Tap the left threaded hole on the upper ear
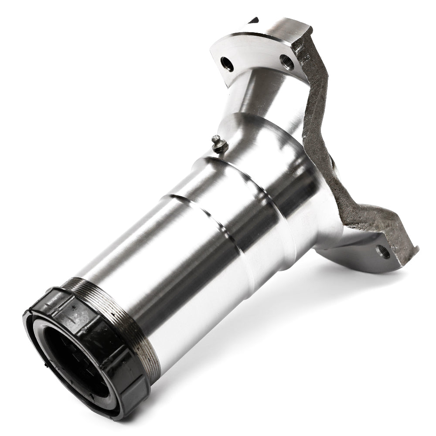[227, 64]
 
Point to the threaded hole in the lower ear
[384, 252]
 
